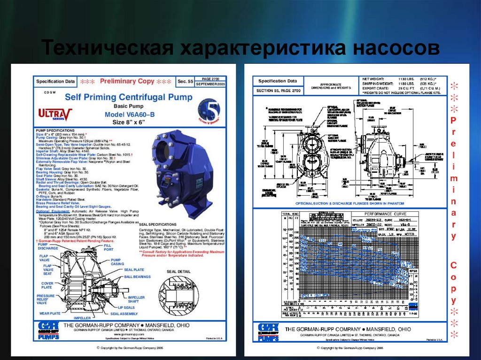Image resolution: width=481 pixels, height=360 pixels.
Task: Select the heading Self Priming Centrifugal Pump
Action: pyautogui.click(x=128, y=97)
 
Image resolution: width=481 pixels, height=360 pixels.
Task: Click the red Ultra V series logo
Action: pyautogui.click(x=55, y=114)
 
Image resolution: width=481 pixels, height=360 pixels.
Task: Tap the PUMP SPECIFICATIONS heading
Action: pyautogui.click(x=55, y=130)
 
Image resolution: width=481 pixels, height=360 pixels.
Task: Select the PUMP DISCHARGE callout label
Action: pyautogui.click(x=48, y=246)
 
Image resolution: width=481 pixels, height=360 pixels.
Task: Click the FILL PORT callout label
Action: pyautogui.click(x=108, y=247)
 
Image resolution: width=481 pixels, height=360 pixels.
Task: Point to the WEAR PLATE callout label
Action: pyautogui.click(x=50, y=313)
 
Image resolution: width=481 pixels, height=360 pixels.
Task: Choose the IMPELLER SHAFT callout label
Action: pyautogui.click(x=137, y=299)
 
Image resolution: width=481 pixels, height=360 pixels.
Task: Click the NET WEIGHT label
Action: pyautogui.click(x=374, y=78)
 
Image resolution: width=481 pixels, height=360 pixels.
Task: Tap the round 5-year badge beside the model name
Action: pyautogui.click(x=212, y=110)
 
